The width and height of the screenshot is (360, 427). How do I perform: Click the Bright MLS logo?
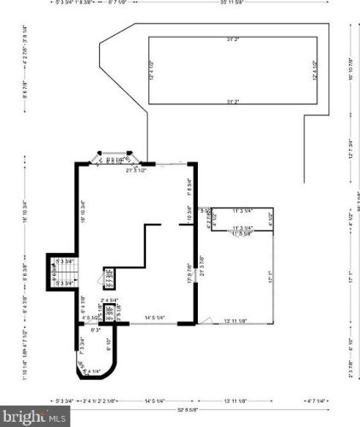34,417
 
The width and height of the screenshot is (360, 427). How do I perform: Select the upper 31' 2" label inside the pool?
231,40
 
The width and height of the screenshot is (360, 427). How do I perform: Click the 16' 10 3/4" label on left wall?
83,209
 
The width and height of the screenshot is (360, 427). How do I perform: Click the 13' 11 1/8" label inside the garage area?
235,320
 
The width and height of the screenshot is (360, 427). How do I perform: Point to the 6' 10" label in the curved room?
108,344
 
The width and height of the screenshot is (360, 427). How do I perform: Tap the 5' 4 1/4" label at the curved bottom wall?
92,371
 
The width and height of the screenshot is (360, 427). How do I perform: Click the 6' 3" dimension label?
96,330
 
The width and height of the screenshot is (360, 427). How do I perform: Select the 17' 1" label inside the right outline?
268,278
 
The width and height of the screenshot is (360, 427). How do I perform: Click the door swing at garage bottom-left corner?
203,320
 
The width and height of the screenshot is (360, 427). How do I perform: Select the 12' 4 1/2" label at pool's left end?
154,70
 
